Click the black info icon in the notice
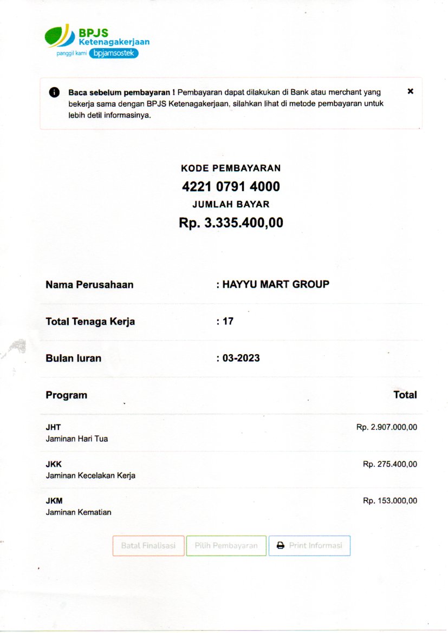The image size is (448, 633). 54,92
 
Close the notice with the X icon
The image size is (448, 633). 410,92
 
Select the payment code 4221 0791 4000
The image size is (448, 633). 231,187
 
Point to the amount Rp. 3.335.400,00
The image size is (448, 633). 231,223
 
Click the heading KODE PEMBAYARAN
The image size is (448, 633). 231,168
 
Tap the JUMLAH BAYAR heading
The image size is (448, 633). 231,204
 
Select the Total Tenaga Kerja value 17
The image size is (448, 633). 228,321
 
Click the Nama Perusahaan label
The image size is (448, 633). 89,284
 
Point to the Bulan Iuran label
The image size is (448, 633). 73,358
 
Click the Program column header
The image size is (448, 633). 66,395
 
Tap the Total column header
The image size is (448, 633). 405,395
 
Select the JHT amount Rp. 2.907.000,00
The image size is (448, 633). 386,427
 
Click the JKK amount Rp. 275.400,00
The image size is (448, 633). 389,464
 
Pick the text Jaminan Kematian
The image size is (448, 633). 79,512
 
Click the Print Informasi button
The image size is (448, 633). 309,546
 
